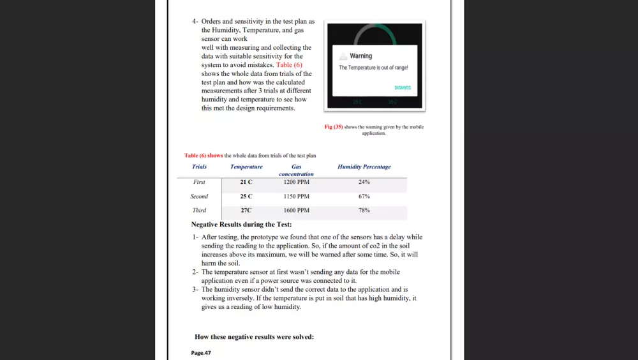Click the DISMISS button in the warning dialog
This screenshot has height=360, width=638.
click(403, 88)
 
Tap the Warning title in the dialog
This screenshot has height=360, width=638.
click(361, 56)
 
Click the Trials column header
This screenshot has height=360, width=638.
click(199, 167)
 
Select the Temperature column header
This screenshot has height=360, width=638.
click(246, 167)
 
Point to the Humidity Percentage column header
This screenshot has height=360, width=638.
click(364, 167)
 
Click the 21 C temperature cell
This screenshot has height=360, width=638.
click(246, 182)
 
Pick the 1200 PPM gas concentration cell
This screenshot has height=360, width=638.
click(296, 182)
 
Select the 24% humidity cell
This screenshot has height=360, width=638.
click(364, 182)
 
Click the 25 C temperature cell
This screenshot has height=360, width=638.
click(246, 197)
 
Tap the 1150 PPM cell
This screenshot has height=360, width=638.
click(296, 197)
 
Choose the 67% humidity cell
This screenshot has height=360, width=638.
click(364, 197)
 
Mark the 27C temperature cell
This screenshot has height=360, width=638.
click(246, 210)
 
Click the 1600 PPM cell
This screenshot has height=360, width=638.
click(296, 210)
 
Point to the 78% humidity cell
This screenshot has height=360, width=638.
click(364, 210)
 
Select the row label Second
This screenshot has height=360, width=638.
click(199, 197)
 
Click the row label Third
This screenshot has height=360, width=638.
click(199, 210)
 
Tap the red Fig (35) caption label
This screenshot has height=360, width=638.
click(334, 127)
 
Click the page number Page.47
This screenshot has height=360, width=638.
click(201, 353)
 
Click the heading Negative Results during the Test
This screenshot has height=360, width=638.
click(241, 225)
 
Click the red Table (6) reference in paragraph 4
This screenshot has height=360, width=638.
click(289, 64)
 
